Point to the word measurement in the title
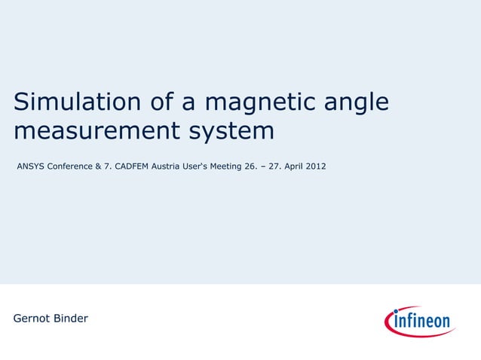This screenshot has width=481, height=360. [x=95, y=131]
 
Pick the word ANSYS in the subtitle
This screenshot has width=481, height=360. [x=30, y=165]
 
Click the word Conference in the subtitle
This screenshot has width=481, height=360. [x=70, y=165]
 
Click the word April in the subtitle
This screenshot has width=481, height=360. [x=293, y=165]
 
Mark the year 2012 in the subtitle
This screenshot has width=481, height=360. [x=317, y=165]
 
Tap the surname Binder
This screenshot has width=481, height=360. [x=72, y=319]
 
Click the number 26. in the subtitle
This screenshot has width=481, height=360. [x=250, y=165]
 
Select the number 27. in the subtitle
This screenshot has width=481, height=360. [x=272, y=165]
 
